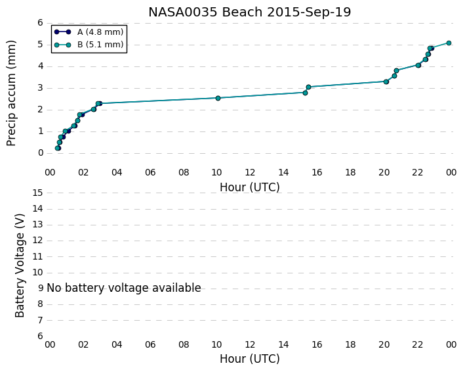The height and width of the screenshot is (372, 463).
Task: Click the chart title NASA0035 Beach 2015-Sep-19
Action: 249,12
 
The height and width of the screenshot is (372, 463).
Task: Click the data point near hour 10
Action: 218,98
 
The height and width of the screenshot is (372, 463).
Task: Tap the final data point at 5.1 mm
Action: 449,43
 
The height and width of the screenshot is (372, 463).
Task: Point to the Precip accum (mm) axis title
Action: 11,93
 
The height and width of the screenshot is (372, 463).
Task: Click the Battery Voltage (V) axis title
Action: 20,266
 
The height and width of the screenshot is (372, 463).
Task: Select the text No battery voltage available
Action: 124,288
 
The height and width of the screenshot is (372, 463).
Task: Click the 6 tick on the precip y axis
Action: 41,23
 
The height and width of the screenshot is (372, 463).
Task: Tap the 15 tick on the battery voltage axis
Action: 38,193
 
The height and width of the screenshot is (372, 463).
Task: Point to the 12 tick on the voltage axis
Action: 38,241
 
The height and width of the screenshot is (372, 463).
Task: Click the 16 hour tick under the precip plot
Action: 317,172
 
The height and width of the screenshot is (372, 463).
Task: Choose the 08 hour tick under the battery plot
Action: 184,344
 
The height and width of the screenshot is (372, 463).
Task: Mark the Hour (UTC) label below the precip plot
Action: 249,187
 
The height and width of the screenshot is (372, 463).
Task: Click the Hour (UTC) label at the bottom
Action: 249,359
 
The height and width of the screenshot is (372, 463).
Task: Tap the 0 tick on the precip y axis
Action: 41,153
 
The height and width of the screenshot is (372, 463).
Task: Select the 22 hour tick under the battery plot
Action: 418,344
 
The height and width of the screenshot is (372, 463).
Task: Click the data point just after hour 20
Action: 386,81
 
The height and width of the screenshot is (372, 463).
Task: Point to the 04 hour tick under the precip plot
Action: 117,172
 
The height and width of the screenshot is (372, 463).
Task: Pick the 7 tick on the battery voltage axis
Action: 41,320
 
